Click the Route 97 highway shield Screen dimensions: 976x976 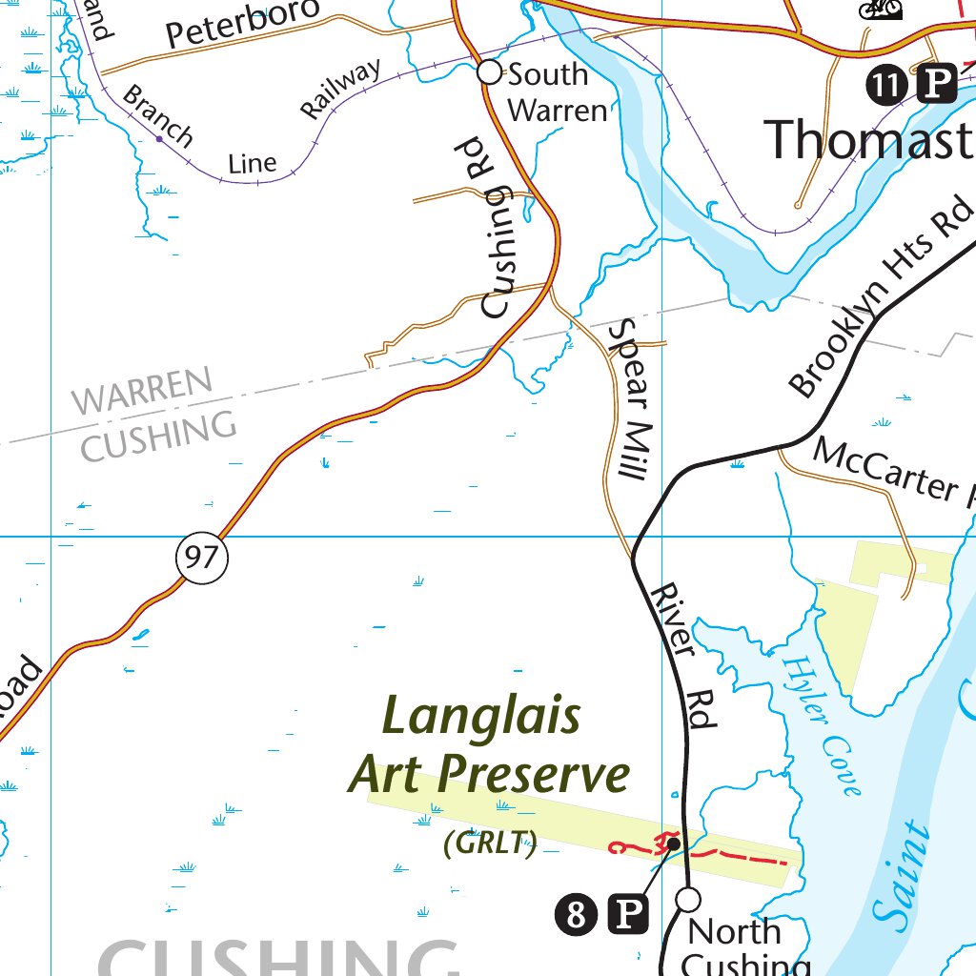(x=202, y=557)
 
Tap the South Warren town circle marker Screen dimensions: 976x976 (x=489, y=72)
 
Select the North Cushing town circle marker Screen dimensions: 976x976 (x=688, y=899)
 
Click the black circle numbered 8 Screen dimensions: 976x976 (x=576, y=916)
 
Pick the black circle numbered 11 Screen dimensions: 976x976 (x=885, y=86)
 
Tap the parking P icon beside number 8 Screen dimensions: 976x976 (x=628, y=916)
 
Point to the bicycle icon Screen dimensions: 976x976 (x=880, y=9)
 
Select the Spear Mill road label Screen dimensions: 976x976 (x=634, y=398)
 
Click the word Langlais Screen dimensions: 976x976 (x=481, y=716)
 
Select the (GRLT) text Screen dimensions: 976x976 (x=491, y=842)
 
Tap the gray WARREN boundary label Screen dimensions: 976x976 (x=143, y=392)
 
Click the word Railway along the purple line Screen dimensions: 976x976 (x=340, y=89)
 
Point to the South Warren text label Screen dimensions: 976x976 (x=556, y=91)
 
